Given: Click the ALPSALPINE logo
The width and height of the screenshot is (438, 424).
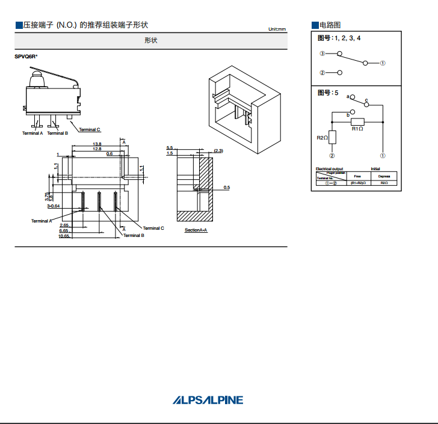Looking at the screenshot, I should [208, 400].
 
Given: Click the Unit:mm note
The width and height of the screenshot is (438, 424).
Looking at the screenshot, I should [277, 29].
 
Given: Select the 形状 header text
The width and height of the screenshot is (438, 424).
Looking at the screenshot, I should [151, 40].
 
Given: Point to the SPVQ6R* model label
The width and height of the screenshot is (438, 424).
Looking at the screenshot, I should [26, 57].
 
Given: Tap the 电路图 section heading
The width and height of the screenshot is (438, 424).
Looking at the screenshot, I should [330, 25].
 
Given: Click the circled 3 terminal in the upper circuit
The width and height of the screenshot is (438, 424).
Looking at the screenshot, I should [322, 54].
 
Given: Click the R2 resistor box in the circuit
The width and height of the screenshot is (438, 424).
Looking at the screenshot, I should [332, 138].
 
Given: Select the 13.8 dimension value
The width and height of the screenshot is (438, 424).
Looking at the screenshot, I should [97, 144].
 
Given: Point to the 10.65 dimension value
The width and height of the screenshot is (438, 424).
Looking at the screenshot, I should [64, 236].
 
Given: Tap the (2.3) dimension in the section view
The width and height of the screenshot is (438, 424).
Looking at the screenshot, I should [218, 150].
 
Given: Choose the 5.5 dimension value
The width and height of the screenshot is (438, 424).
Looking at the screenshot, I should [170, 147].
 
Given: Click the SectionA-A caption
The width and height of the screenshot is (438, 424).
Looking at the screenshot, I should [196, 230].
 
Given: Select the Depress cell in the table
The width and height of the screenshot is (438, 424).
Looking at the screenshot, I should [384, 176].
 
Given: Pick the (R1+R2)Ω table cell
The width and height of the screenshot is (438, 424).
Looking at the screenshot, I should [357, 182].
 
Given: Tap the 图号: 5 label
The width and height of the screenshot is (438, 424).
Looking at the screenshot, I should [328, 93].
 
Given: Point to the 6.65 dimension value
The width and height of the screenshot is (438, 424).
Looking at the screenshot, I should [63, 231].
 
